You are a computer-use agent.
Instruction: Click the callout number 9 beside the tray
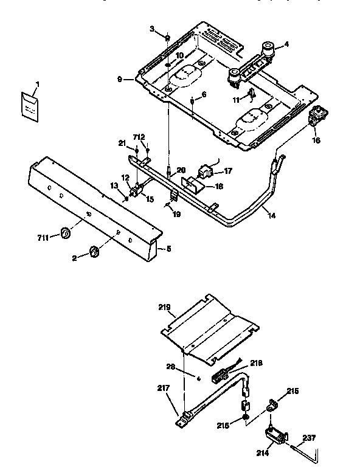(120, 79)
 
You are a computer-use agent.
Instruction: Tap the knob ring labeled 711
(66, 233)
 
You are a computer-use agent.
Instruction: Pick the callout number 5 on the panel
(168, 247)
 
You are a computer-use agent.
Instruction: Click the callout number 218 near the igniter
(256, 362)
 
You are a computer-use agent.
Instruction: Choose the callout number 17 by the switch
(229, 171)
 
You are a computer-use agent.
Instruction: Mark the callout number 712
(140, 137)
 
